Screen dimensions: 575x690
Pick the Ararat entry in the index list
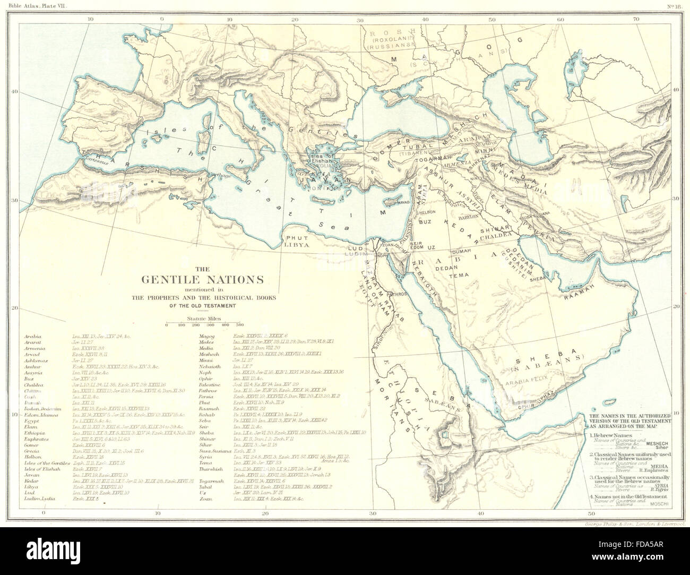31,343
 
